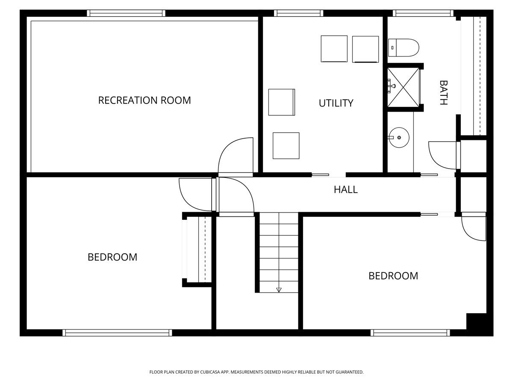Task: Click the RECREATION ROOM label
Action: click(144, 100)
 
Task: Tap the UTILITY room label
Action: click(336, 103)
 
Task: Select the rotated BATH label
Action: click(444, 93)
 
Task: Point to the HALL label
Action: click(345, 190)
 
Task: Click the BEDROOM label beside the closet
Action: click(112, 257)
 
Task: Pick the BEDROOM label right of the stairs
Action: click(393, 276)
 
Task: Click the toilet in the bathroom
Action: click(404, 47)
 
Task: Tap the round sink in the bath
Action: click(399, 138)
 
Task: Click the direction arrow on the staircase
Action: click(279, 290)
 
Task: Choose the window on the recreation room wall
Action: click(126, 13)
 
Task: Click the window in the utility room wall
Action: click(298, 13)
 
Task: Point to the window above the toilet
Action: click(423, 13)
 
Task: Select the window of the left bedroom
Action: click(117, 332)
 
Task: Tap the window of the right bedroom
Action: click(410, 332)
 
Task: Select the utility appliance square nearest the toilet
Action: click(365, 49)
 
